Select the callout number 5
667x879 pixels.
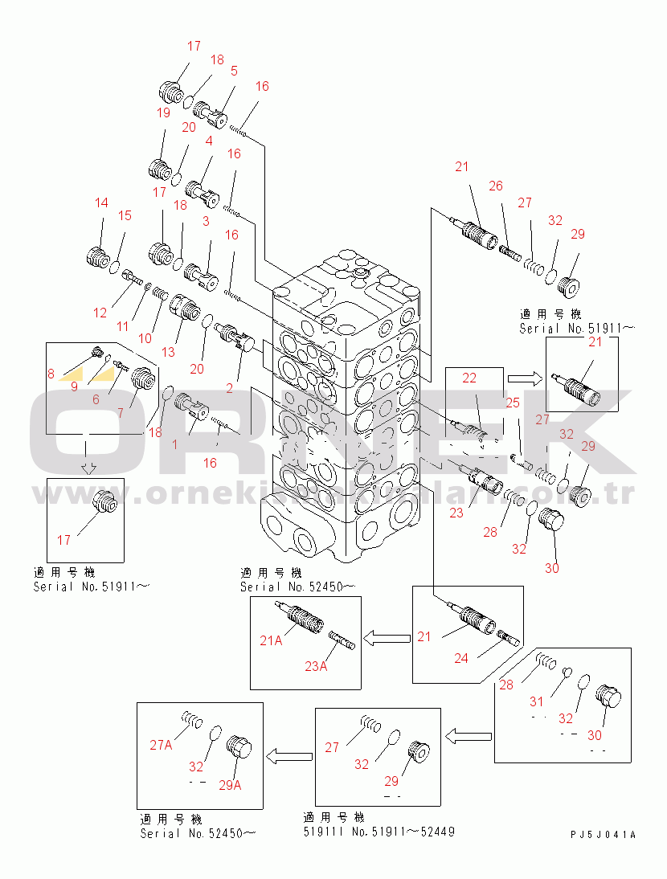tap(234, 70)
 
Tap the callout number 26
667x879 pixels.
tap(495, 186)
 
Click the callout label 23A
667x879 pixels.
tap(315, 665)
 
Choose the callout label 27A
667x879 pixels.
tap(161, 745)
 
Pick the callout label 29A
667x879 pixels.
tap(230, 785)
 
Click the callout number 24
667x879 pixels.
tap(460, 658)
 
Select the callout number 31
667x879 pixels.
tap(536, 701)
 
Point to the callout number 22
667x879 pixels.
tap(469, 378)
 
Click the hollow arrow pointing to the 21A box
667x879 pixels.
tap(385, 638)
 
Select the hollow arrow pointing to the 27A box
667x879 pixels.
tap(288, 754)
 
